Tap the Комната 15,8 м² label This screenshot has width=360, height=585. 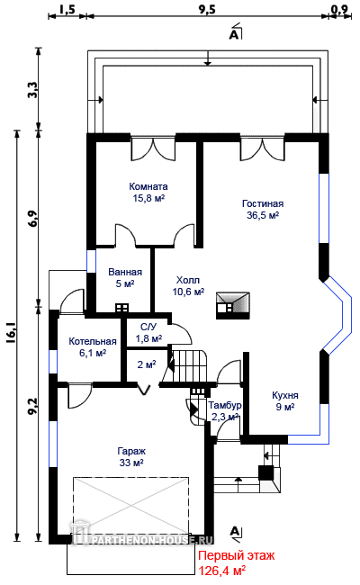pyautogui.click(x=148, y=192)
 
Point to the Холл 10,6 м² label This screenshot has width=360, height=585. pyautogui.click(x=188, y=286)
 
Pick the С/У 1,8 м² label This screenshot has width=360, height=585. pyautogui.click(x=148, y=333)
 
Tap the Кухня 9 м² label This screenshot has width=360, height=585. pyautogui.click(x=285, y=400)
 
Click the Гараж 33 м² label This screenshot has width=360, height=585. pyautogui.click(x=131, y=456)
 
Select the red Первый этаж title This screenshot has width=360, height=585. pyautogui.click(x=236, y=555)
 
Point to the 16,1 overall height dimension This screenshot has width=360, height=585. pyautogui.click(x=10, y=333)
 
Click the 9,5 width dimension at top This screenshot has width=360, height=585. pyautogui.click(x=207, y=9)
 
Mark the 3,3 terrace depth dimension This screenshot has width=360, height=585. pyautogui.click(x=32, y=90)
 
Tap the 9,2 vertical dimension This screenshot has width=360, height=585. pyautogui.click(x=32, y=406)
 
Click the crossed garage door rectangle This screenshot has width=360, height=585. pyautogui.click(x=130, y=506)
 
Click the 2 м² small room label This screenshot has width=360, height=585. pyautogui.click(x=146, y=364)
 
